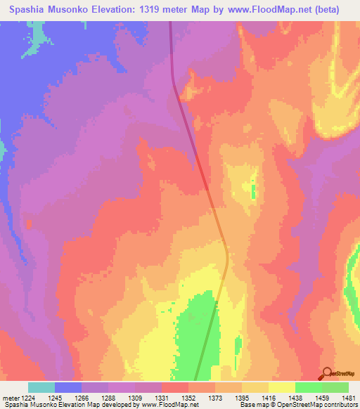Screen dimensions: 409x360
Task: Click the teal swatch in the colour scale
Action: tap(41, 387)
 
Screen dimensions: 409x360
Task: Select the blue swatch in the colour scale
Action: tap(68, 387)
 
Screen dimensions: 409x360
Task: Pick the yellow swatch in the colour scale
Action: tap(282, 387)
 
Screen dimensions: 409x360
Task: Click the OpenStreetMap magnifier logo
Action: tap(327, 373)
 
